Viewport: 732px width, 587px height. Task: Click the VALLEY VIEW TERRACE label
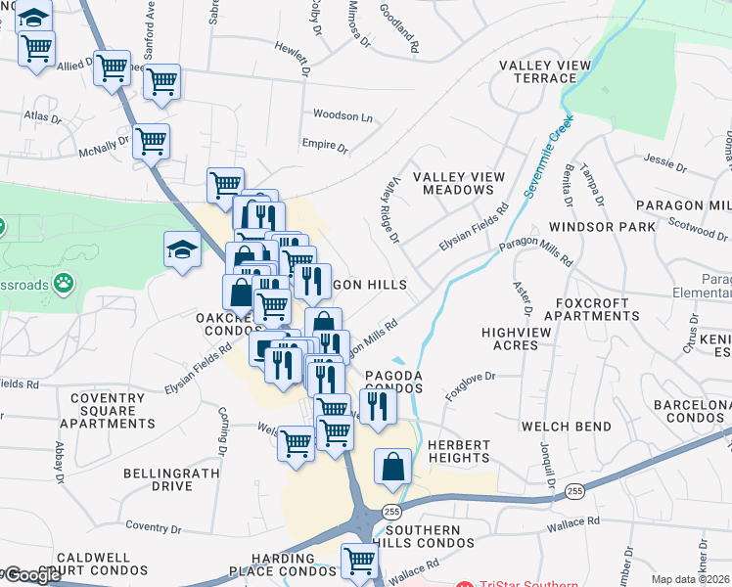(545, 71)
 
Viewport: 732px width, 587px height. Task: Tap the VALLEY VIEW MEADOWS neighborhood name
(459, 183)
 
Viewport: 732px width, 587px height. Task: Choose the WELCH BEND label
(566, 427)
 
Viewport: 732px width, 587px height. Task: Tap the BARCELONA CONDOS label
(693, 411)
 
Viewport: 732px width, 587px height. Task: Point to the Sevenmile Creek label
(546, 158)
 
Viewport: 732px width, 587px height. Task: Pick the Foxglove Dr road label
(471, 383)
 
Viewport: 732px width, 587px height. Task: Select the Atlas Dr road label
(42, 115)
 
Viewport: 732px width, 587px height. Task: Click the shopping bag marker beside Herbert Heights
(392, 468)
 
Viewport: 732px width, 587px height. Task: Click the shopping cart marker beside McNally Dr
(151, 142)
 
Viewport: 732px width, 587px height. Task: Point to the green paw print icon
(66, 283)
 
